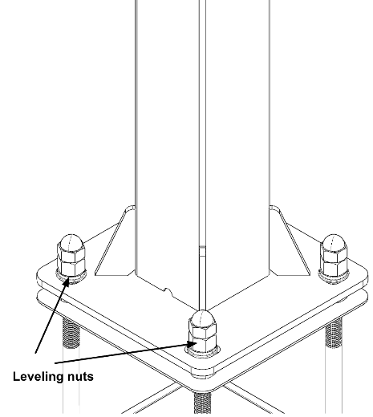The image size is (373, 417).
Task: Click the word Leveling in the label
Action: coord(39,377)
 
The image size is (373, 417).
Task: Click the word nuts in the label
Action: coord(80,377)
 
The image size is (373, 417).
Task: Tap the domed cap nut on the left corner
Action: coord(71,256)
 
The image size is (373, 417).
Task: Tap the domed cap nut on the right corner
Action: coord(334,256)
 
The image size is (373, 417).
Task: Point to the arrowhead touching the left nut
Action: coord(66,281)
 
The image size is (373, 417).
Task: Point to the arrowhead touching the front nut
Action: coord(193,344)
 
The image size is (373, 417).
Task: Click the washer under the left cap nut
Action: coord(71,277)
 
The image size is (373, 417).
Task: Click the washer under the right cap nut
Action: coord(334,277)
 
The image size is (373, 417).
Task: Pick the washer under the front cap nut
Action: coord(202,352)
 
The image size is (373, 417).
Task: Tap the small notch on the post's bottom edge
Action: coord(168,291)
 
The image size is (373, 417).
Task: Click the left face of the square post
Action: coord(168,147)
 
